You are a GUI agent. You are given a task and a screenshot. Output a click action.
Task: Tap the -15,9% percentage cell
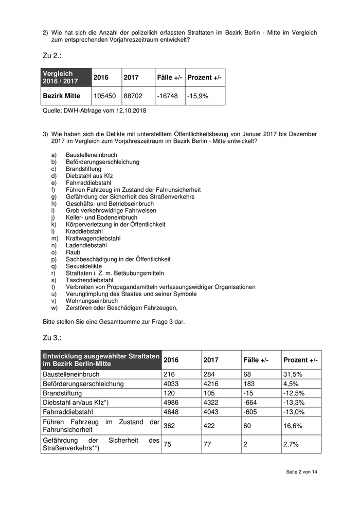(x=198, y=96)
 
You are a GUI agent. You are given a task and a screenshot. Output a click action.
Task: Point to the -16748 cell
(x=167, y=96)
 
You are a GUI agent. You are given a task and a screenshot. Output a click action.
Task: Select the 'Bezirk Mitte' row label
(x=61, y=96)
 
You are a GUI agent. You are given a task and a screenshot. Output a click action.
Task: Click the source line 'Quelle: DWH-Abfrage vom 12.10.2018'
(x=94, y=110)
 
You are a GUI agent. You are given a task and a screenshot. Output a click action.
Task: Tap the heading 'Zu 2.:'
(x=53, y=55)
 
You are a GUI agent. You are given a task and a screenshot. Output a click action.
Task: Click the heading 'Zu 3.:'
(x=53, y=337)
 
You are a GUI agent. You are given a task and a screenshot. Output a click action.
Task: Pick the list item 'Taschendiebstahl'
(x=89, y=280)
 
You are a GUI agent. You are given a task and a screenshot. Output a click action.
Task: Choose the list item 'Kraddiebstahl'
(x=84, y=231)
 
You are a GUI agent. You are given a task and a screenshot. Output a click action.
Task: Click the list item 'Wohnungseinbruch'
(x=92, y=301)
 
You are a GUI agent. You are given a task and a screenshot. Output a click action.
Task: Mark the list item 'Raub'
(x=73, y=252)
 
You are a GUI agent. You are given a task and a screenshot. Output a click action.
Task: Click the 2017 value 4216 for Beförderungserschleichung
(x=211, y=384)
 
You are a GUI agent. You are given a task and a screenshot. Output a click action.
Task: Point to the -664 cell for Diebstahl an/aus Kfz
(x=252, y=402)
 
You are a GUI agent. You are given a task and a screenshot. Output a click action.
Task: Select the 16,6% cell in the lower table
(x=292, y=426)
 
